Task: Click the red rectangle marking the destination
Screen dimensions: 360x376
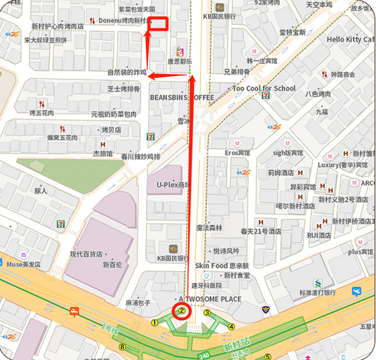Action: [158, 24]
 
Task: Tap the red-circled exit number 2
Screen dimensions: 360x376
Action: [181, 311]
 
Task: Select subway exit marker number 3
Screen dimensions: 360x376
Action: [207, 312]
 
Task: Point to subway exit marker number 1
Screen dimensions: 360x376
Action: [154, 322]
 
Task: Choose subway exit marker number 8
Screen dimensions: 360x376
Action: [122, 347]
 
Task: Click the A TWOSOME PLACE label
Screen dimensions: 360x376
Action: [210, 299]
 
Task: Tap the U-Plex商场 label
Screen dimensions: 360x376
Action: [173, 184]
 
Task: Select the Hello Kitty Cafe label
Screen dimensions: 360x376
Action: [350, 40]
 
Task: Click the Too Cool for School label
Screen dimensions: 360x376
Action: [264, 89]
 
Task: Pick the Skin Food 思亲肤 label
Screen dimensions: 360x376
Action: [222, 266]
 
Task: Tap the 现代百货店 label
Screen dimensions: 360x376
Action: [86, 254]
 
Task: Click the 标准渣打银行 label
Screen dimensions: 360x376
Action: [318, 293]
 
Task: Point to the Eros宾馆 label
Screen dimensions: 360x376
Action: [237, 153]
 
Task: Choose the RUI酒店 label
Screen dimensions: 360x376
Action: [319, 236]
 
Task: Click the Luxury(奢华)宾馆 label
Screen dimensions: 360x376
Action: [343, 165]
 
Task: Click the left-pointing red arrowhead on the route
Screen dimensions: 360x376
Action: [151, 76]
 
